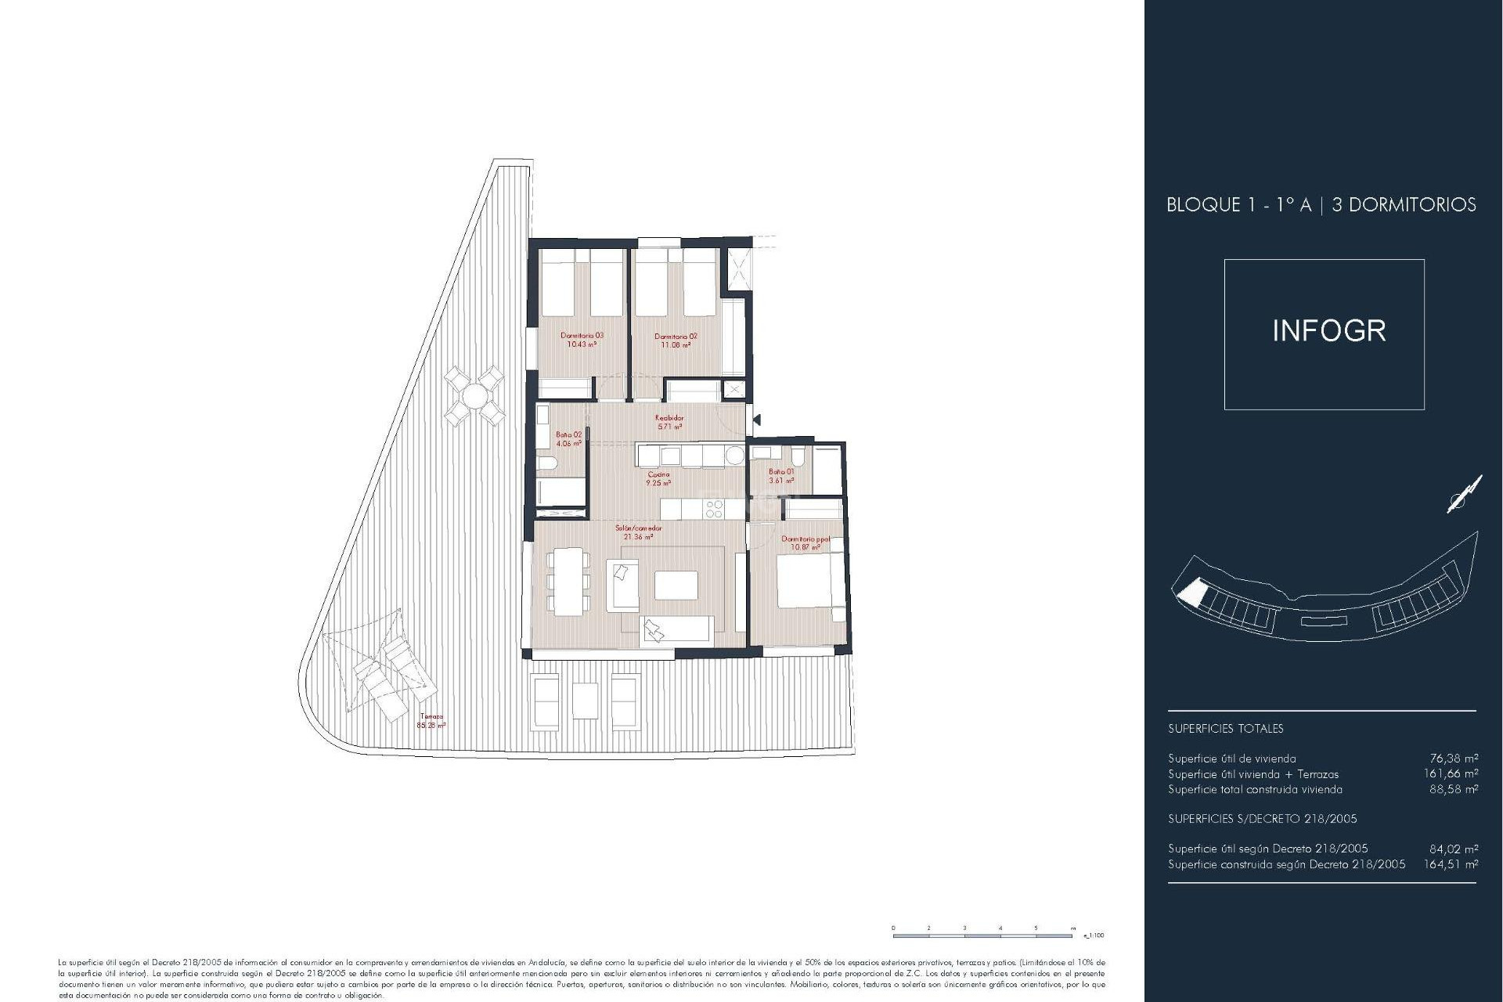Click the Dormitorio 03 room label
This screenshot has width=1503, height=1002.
(582, 340)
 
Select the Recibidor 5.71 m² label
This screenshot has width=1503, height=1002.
(669, 422)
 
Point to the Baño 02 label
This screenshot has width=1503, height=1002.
(569, 438)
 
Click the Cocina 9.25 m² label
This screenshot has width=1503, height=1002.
(658, 478)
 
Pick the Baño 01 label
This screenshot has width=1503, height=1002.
(781, 476)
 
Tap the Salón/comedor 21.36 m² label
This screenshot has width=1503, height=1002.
(638, 532)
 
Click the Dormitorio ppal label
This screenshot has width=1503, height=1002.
(806, 542)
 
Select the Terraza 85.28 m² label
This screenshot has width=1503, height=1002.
(431, 720)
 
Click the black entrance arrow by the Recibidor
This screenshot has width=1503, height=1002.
(756, 420)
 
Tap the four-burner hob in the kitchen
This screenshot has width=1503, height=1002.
(714, 510)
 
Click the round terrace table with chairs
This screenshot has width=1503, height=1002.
(474, 396)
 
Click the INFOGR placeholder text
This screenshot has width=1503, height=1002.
(1328, 330)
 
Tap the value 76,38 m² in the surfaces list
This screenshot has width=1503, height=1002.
(1454, 758)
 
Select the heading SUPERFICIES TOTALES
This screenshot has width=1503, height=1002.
(1225, 728)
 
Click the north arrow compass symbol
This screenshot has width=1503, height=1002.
(1464, 495)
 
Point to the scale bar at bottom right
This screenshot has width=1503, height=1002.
(984, 934)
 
